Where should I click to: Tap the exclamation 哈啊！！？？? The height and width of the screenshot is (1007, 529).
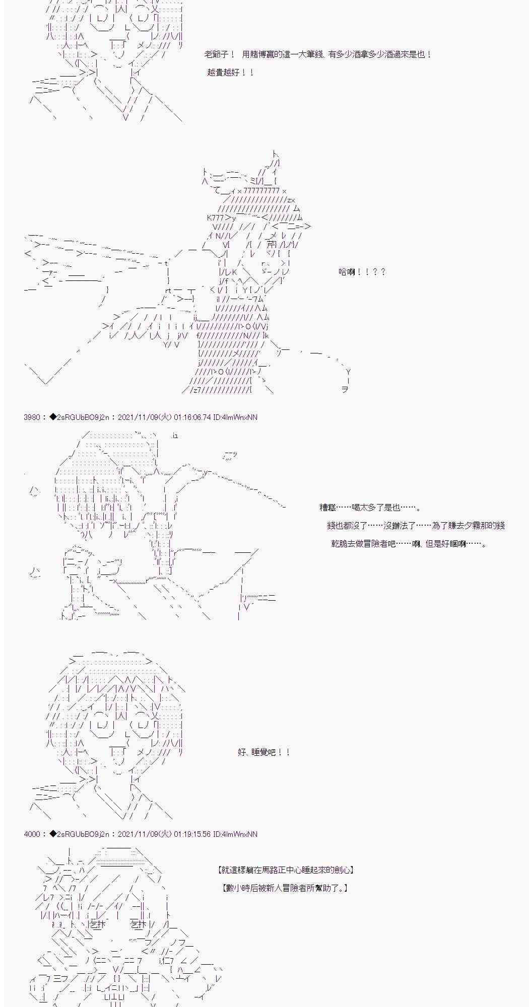(362, 272)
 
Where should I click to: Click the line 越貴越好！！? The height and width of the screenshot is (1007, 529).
(230, 73)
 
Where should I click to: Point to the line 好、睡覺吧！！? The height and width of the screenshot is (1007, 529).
(263, 752)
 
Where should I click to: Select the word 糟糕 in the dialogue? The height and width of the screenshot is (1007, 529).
(327, 508)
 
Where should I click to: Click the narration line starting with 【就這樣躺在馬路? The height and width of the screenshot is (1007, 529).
(286, 870)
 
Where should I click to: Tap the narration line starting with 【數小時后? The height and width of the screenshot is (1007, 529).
(285, 888)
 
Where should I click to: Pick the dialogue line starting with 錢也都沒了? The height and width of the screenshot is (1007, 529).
(416, 526)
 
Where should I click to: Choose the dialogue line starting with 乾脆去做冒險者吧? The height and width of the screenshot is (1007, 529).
(409, 544)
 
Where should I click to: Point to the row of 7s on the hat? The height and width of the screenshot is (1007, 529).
(261, 191)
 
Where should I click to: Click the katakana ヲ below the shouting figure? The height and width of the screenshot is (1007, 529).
(345, 390)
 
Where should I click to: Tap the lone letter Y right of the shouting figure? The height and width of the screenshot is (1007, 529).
(348, 372)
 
